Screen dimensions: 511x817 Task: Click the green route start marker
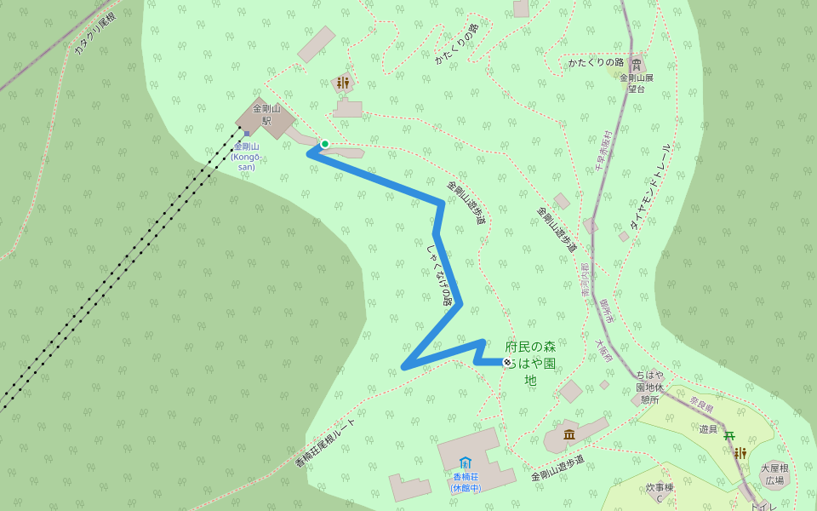tap(325, 144)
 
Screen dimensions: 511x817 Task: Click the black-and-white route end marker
tap(507, 362)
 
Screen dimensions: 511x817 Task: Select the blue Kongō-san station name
tap(245, 156)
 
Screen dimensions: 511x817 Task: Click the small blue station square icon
tap(247, 133)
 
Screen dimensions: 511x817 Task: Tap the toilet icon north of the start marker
tap(343, 83)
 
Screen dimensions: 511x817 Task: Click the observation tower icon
tap(637, 65)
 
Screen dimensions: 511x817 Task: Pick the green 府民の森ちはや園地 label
tap(530, 363)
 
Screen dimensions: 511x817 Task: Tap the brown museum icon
tap(569, 435)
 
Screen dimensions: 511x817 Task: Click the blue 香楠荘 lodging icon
tap(466, 462)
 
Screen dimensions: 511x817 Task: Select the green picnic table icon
tap(729, 436)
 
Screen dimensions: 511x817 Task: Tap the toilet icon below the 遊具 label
tap(740, 453)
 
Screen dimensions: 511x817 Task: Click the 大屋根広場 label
tap(774, 474)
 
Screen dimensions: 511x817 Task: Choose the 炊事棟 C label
tap(660, 492)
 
